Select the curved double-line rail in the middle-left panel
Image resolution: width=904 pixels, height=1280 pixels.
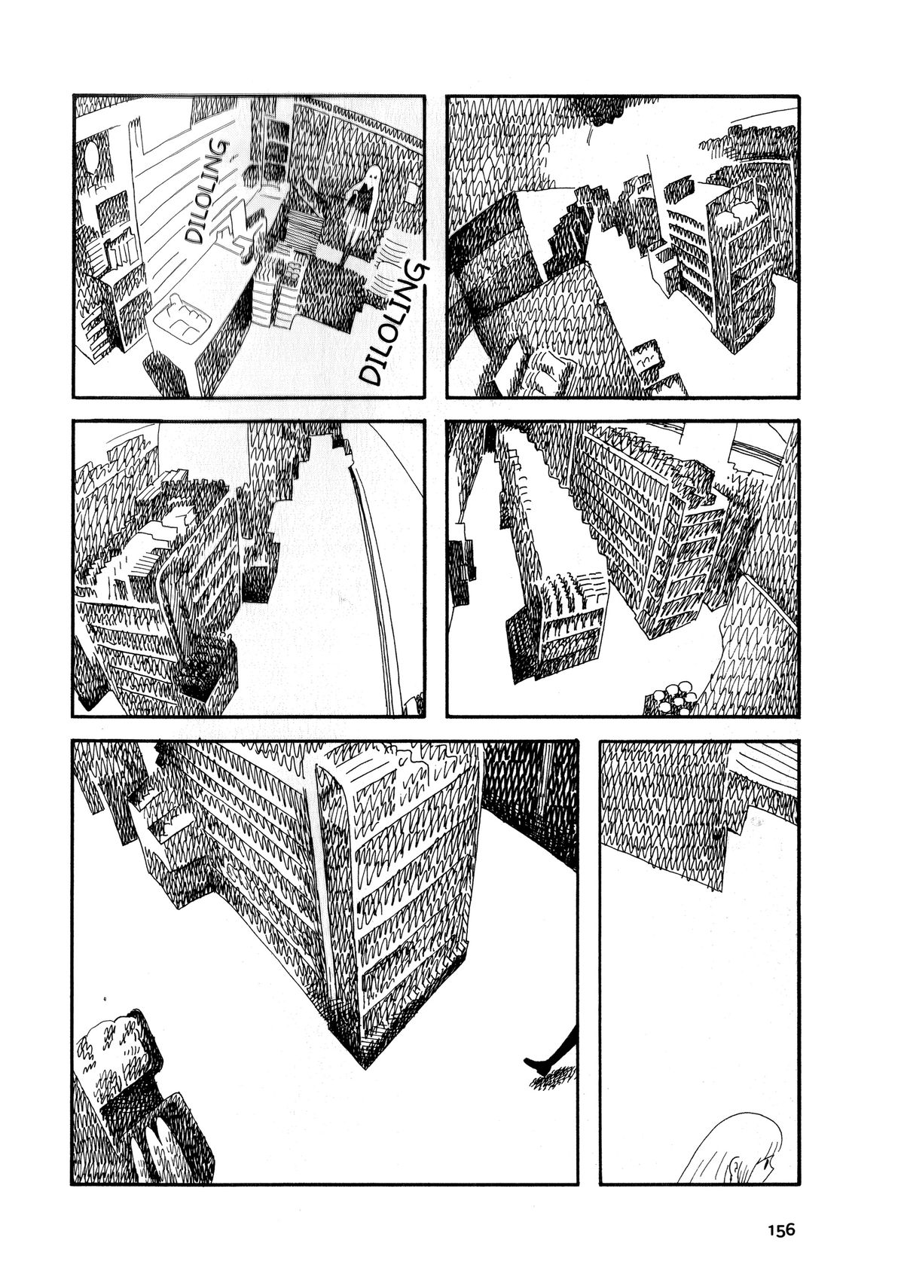coord(377,571)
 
